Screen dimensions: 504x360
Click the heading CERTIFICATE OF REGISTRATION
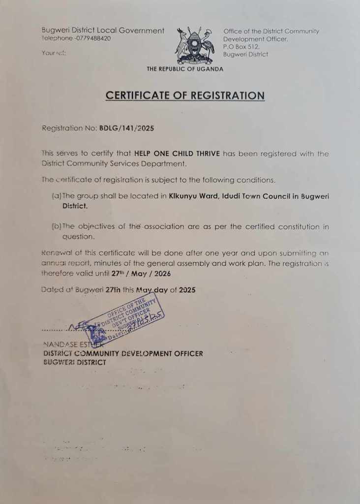[185, 95]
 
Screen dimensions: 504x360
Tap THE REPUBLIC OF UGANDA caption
[185, 69]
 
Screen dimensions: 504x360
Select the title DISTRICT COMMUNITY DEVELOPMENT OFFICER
[123, 353]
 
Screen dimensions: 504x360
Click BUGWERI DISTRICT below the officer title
[74, 362]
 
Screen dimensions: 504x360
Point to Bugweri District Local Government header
[103, 31]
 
